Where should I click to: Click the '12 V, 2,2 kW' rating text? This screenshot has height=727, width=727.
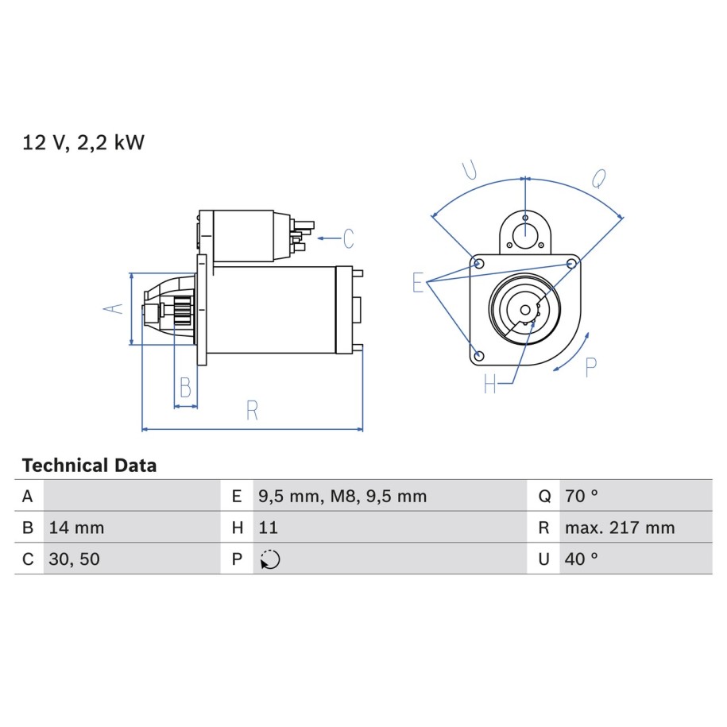(83, 142)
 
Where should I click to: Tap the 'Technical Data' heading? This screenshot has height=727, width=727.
(89, 466)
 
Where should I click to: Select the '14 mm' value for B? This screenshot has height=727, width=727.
(76, 528)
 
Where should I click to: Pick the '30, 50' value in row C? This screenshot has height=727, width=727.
(74, 559)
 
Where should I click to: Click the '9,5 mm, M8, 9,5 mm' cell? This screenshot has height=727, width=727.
(342, 497)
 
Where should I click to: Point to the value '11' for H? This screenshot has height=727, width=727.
(268, 528)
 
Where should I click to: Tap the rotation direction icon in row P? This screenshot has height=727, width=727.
(270, 559)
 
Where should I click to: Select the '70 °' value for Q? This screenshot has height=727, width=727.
(581, 496)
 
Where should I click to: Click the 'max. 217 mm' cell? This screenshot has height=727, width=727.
(620, 528)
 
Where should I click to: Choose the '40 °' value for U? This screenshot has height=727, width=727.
(581, 559)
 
